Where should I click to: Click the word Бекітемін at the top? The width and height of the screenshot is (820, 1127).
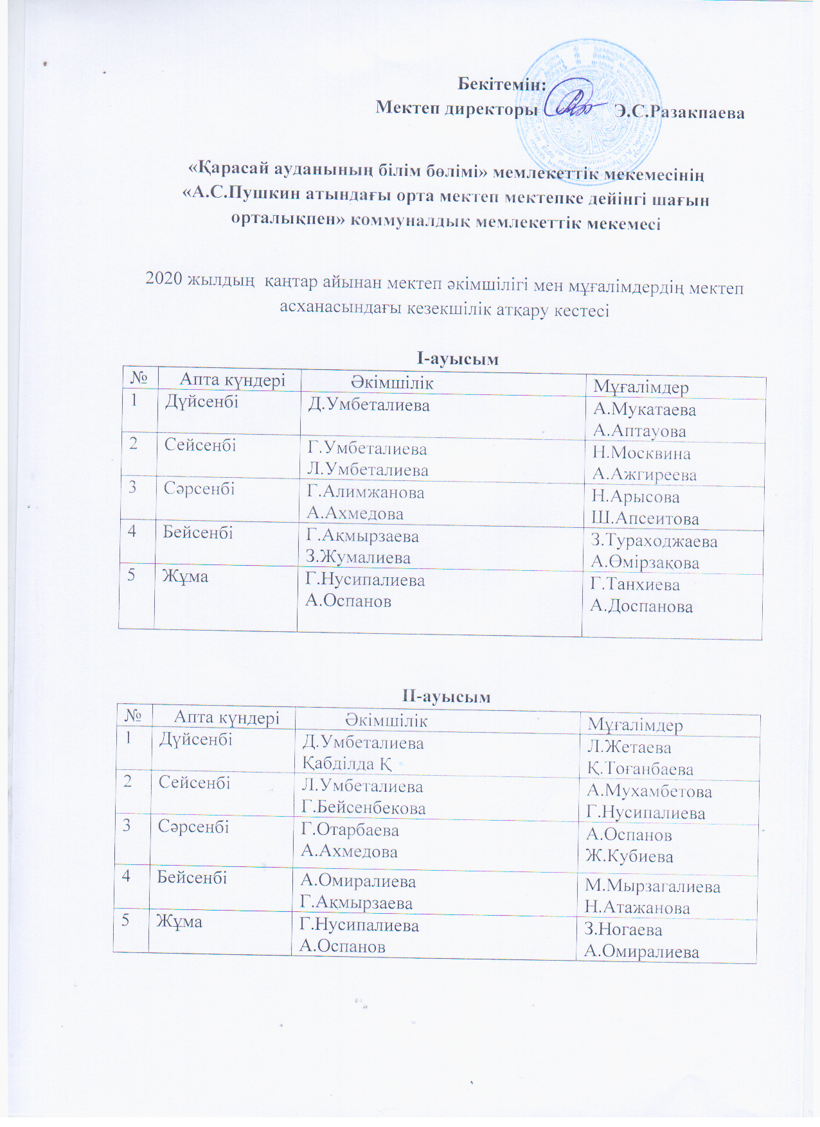coord(501,84)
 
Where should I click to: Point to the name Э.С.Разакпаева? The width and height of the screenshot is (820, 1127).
coord(679,112)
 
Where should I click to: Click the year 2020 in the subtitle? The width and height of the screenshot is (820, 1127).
coord(163,279)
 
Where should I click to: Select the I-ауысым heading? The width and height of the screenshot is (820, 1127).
coord(457,358)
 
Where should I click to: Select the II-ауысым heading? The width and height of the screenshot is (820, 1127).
coord(446,696)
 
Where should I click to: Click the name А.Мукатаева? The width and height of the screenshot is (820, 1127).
coord(644,410)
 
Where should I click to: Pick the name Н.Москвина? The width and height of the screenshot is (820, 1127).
coord(641,453)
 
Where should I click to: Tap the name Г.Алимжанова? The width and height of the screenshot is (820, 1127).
coord(366,493)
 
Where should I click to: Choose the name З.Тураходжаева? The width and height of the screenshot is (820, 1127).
coord(654,541)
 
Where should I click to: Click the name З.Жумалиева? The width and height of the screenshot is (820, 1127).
coord(358,557)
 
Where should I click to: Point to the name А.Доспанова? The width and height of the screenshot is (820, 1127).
coord(641,606)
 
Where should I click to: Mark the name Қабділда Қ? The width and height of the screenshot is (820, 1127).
coord(346,764)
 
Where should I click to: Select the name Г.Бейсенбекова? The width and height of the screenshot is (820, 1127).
coord(363,808)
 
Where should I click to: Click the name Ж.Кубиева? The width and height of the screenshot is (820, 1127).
coord(629,857)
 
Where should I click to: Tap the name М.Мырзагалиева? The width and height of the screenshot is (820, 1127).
coord(652,887)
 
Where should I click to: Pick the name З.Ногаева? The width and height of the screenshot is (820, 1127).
coord(623,930)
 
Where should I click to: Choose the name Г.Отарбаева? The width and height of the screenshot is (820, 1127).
coord(350,830)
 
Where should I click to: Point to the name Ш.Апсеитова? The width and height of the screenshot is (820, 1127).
coord(645,519)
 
